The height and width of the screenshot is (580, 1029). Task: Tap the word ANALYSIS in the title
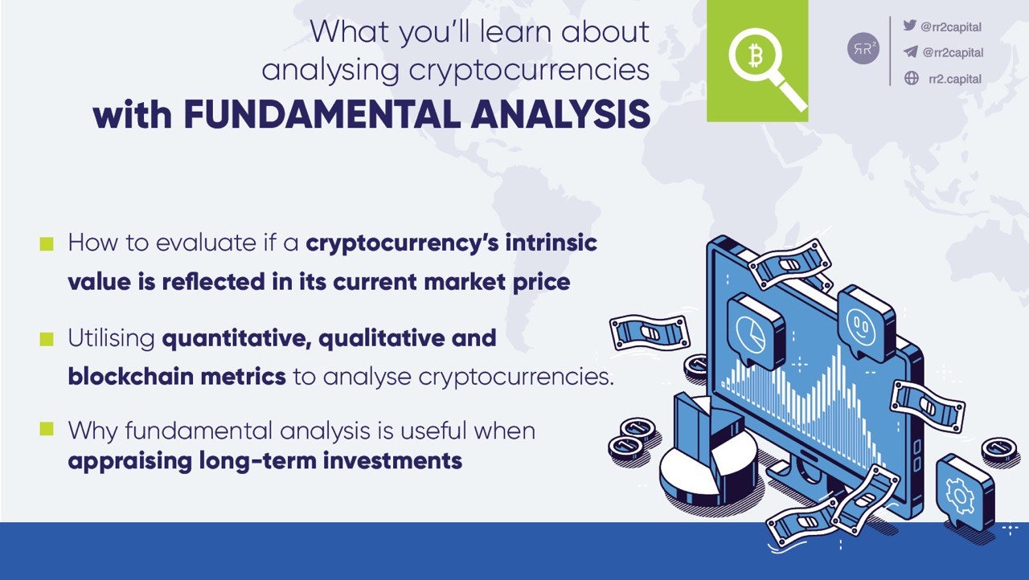click(560, 115)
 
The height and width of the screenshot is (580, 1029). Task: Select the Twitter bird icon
click(910, 26)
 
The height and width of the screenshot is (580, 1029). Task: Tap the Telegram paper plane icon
click(910, 51)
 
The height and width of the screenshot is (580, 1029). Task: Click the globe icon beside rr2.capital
click(911, 78)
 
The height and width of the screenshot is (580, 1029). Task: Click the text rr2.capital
click(954, 78)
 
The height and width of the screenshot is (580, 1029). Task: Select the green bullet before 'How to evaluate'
click(47, 243)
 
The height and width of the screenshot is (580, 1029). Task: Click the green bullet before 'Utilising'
click(47, 339)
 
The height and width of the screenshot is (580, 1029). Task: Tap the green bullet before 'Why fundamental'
click(47, 430)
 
